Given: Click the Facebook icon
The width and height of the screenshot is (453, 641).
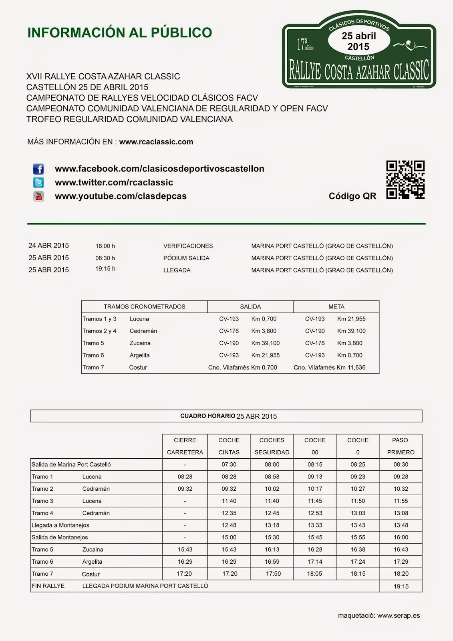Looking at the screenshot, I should click(38, 169).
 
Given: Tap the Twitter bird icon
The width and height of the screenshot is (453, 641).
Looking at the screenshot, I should click(38, 183).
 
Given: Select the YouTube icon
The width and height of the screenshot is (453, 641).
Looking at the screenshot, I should click(38, 196).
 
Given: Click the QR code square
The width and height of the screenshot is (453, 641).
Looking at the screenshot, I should click(405, 180).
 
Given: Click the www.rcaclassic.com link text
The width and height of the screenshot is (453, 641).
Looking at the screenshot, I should click(156, 142).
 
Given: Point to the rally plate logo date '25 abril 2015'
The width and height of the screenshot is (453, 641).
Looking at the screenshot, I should click(358, 41).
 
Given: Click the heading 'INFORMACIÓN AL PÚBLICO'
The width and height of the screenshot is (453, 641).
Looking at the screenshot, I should click(119, 33).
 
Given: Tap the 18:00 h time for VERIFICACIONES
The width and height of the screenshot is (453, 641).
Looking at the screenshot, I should click(105, 246).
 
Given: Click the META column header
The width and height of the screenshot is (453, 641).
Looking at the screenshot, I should click(336, 307).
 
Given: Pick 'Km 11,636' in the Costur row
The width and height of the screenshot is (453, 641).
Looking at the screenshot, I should click(351, 367).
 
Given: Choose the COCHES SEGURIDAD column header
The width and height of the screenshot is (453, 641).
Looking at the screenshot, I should click(272, 446).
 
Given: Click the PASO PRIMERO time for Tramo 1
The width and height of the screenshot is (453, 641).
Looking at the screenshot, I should click(401, 477).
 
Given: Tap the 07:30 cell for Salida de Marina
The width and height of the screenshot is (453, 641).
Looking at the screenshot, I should click(229, 465).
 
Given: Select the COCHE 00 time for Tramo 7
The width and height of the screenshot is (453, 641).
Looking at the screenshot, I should click(314, 574).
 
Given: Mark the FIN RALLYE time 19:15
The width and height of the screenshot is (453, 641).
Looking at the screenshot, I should click(401, 587).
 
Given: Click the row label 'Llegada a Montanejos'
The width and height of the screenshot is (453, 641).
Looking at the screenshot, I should click(60, 525).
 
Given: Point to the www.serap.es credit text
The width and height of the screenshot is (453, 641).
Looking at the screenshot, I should click(398, 616).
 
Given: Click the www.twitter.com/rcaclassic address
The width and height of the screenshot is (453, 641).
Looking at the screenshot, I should click(114, 183).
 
